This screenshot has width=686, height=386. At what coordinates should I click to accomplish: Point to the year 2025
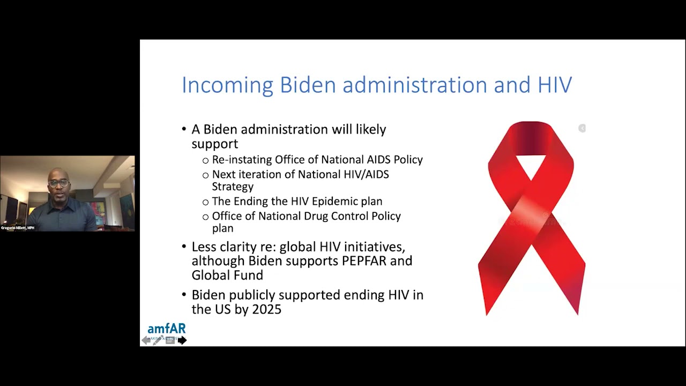pos(266,309)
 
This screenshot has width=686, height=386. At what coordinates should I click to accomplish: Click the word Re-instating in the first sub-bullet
pos(242,160)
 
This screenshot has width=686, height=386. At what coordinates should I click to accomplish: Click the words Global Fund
pos(227,275)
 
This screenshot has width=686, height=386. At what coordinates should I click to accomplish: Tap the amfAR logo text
pos(166,329)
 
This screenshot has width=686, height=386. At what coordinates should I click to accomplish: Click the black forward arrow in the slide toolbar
pos(182,340)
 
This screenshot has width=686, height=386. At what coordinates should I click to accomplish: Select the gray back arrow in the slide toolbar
pos(146,340)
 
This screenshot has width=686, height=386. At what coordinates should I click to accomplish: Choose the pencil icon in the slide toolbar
pos(158,340)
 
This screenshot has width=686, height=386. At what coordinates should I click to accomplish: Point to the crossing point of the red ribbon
pos(531,214)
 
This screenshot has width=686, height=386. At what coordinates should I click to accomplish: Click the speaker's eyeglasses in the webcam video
pos(59,183)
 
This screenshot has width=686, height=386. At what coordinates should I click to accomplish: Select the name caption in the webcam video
pos(18,228)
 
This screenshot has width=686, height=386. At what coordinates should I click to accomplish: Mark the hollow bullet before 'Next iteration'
pos(205,175)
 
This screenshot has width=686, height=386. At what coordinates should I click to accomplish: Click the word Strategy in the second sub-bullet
pos(233,187)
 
